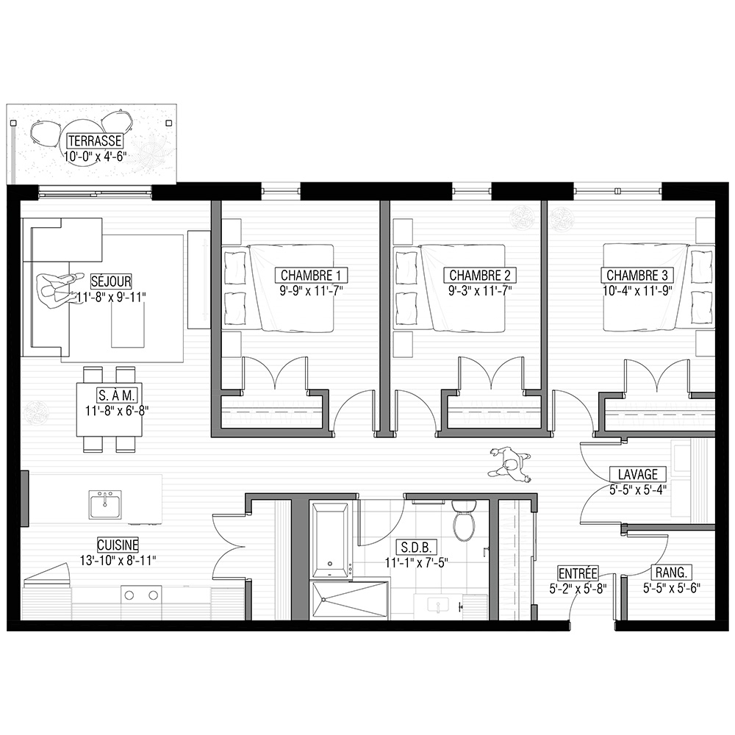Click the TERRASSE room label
(x=95, y=140)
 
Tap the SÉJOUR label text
(x=111, y=282)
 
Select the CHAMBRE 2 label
(x=479, y=275)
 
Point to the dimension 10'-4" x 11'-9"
(x=637, y=290)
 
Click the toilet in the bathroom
(x=465, y=520)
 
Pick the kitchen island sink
(x=104, y=506)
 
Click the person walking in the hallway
(x=510, y=464)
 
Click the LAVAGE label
(x=637, y=474)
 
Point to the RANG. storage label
(x=672, y=573)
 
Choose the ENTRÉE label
(x=578, y=573)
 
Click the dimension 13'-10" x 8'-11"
(x=118, y=560)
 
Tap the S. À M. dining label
(x=117, y=395)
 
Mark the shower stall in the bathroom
(x=349, y=600)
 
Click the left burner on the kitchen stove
(x=129, y=596)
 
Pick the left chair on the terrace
(x=46, y=132)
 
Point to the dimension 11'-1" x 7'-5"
(x=417, y=562)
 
